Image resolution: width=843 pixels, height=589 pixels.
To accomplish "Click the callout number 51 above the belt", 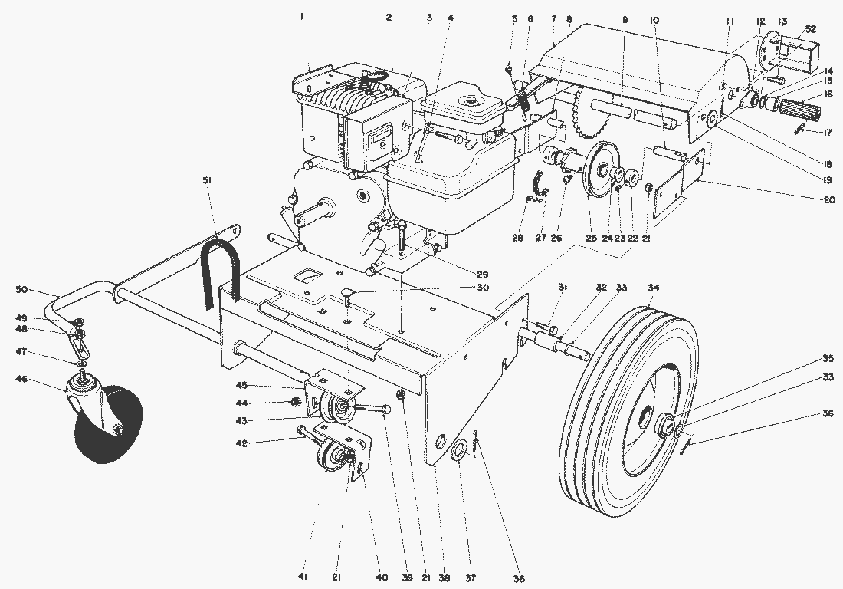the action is point(208,181).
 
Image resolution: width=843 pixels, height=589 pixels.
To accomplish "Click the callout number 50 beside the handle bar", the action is point(21,289).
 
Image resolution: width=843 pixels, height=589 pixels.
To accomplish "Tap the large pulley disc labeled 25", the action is point(600,170).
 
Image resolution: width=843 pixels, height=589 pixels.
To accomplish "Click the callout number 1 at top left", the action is point(302,17).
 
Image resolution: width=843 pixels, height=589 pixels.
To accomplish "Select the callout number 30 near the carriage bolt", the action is point(483,288).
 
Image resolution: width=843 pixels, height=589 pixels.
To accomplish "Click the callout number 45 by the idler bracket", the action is point(241,385).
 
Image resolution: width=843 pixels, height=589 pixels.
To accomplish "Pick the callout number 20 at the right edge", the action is point(828,200).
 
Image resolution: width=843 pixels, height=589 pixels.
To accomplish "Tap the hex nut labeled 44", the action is point(294,402).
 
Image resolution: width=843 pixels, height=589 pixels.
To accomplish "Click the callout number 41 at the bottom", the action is point(303,577).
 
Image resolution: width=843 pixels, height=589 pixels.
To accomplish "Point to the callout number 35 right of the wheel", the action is point(828,358).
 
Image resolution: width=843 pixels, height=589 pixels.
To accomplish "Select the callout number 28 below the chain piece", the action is point(517,237).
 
